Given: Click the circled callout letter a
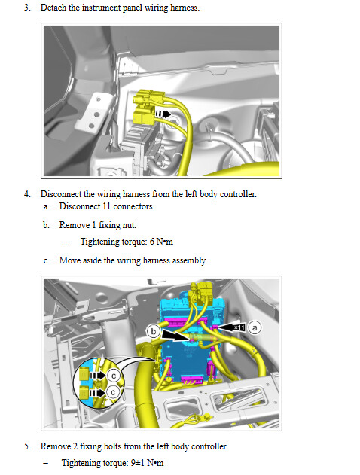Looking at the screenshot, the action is tap(255, 327).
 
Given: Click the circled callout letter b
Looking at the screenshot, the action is tap(154, 331).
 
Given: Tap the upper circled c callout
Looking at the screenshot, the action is tap(114, 376).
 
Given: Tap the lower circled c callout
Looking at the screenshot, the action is tap(113, 393).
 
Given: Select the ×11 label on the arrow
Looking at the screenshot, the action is tap(239, 327).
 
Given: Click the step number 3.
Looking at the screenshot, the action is tap(27, 8).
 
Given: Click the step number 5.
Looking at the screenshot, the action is tap(27, 446).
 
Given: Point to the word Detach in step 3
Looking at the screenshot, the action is tap(53, 8).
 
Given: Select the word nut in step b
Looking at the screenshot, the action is tap(130, 225).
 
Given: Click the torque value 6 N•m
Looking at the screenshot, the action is tap(161, 242).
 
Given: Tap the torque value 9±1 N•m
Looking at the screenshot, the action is tap(147, 463).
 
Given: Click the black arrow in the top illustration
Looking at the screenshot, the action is tap(163, 114).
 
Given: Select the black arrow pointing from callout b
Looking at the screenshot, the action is tap(176, 336).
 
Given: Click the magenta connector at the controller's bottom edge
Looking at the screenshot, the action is tap(192, 379).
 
